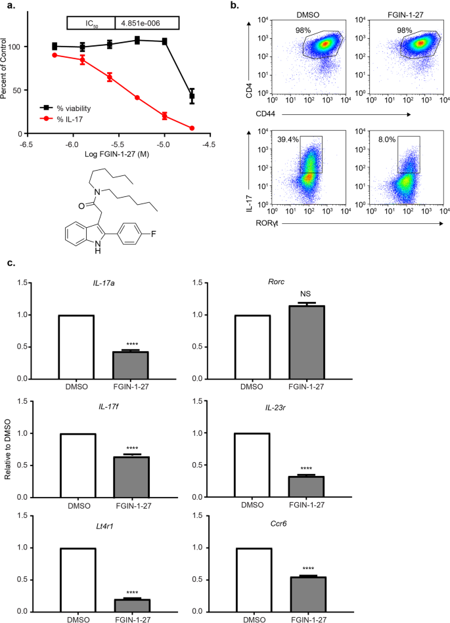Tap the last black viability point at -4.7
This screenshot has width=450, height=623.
(x=192, y=97)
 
